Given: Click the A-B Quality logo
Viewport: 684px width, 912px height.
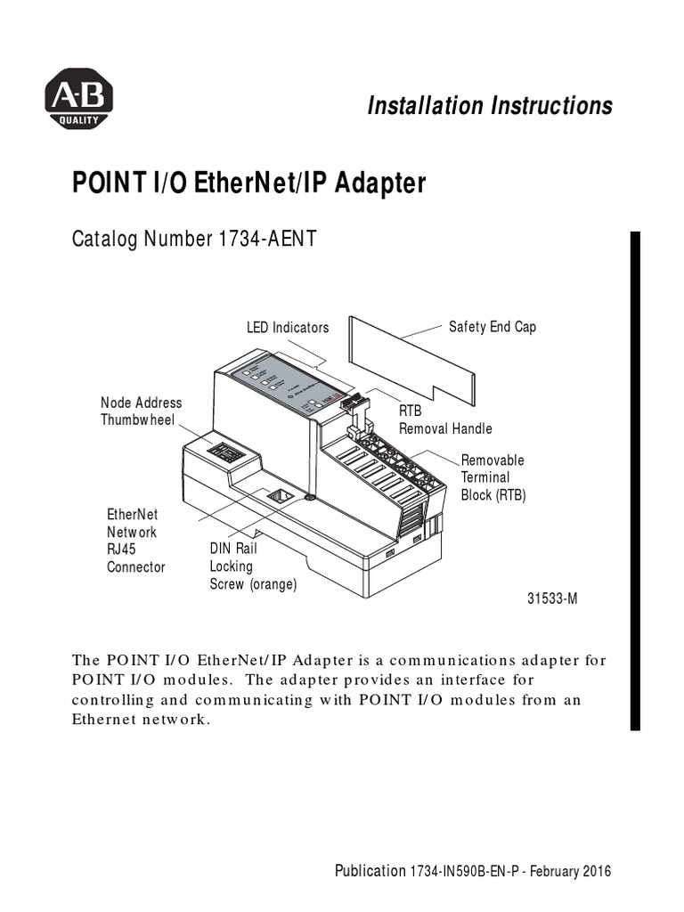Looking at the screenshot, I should coord(78,99).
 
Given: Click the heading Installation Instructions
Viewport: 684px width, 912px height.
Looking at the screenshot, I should coord(490,106).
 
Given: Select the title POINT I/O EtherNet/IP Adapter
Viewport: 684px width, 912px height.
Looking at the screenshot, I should coord(248,184).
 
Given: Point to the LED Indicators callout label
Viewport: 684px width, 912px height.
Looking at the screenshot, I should coord(288,328).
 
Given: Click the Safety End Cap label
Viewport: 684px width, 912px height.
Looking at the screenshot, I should coord(492,327).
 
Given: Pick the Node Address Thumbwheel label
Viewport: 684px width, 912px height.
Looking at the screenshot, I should coord(141,411).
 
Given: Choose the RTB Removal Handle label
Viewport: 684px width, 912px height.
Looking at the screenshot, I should coord(444,421).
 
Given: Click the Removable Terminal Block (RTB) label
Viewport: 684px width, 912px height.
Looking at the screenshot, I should coord(493,477).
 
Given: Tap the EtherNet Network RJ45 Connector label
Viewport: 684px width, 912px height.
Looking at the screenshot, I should coord(135,541).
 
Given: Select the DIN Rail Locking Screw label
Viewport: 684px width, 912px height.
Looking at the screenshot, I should coord(253,566).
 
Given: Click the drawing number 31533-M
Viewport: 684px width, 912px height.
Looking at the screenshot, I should coord(552,598).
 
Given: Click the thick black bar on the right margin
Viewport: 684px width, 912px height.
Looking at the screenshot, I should coord(635,481).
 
